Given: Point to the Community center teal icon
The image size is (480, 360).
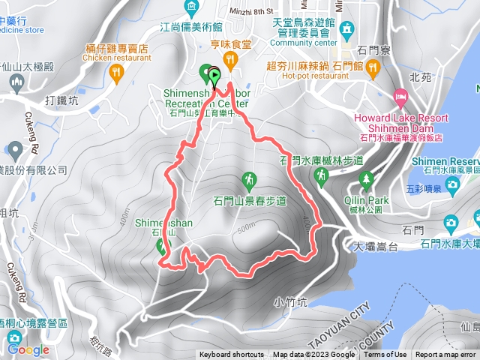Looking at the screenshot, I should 346,28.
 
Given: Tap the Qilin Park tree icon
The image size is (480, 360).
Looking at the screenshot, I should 366,179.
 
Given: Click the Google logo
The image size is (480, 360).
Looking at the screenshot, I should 28,349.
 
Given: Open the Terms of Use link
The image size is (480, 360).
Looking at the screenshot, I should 385,355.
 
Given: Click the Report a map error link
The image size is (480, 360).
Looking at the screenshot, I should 447,355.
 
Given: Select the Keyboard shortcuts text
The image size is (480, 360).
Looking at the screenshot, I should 232,355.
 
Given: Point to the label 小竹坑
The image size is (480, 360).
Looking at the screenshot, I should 290,302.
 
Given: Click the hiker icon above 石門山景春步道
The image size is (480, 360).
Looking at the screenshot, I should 248,180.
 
